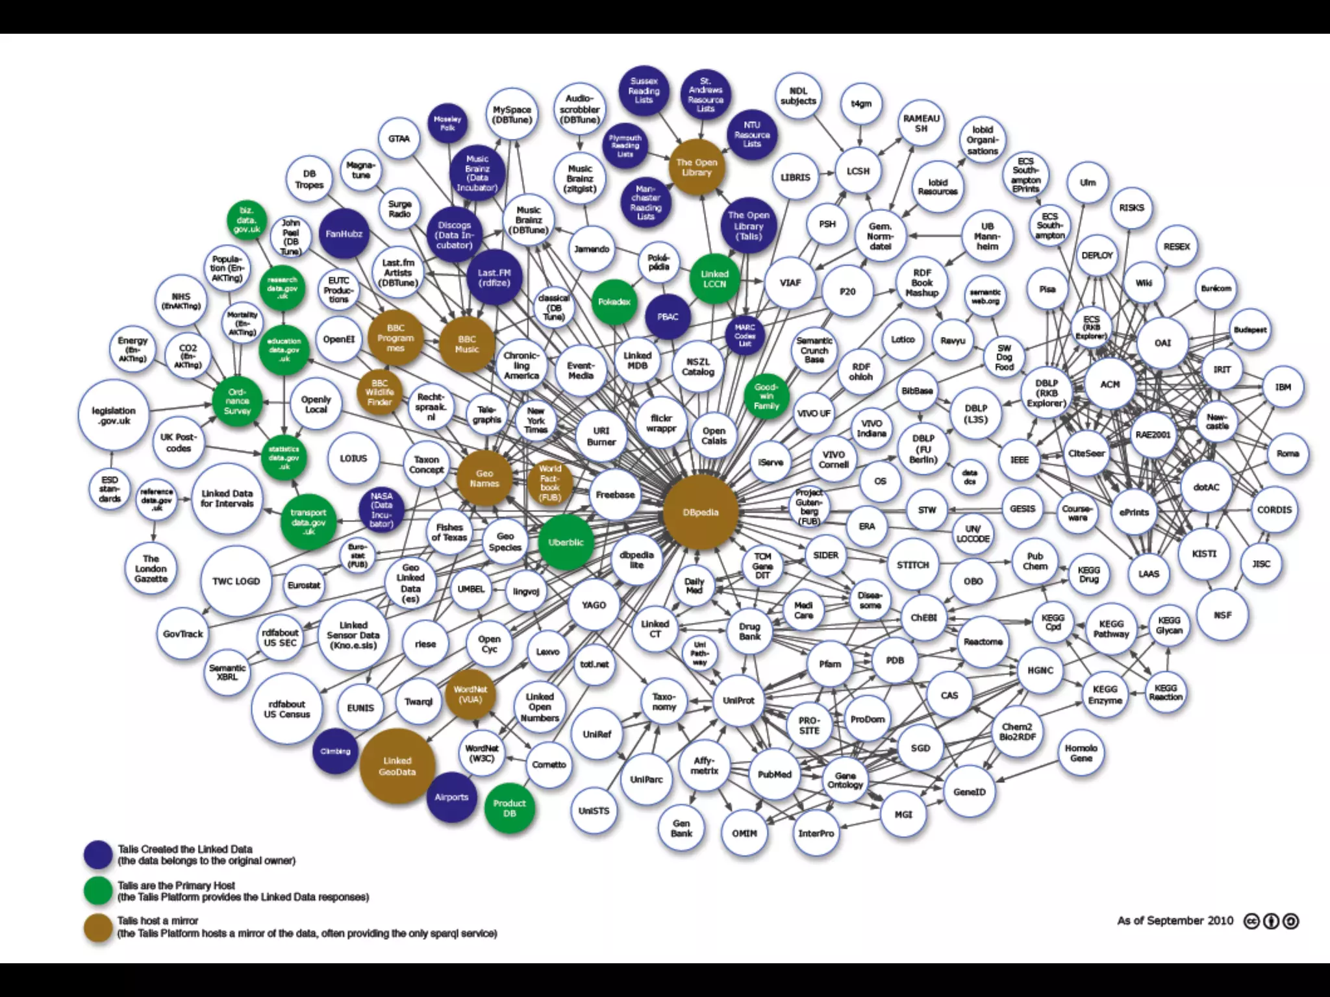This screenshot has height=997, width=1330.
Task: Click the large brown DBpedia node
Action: (701, 512)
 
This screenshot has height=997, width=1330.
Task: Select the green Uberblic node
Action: (566, 542)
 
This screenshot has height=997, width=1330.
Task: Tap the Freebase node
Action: (615, 495)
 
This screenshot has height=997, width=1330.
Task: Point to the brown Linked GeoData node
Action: (397, 766)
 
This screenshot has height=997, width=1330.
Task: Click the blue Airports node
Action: (451, 797)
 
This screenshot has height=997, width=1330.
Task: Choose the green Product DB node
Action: (509, 808)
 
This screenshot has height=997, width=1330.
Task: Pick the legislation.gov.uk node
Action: (114, 415)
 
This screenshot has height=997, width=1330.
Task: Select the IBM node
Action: (1283, 387)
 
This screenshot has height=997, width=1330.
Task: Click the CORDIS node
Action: (1274, 510)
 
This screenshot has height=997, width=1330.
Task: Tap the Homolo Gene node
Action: (1081, 753)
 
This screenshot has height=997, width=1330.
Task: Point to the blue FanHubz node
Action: (344, 234)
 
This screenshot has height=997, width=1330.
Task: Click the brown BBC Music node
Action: (467, 344)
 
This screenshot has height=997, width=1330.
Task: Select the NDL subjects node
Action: (798, 96)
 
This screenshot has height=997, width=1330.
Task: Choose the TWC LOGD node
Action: (236, 581)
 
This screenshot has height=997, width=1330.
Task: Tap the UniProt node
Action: (738, 700)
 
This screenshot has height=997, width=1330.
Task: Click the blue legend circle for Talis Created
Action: (98, 855)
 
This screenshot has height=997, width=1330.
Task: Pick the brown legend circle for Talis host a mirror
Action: (98, 927)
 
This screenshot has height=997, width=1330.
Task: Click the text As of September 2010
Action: (1175, 920)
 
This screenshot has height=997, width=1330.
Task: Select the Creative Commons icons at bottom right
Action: (1271, 921)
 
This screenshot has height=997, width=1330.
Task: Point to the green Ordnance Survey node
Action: (237, 401)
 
